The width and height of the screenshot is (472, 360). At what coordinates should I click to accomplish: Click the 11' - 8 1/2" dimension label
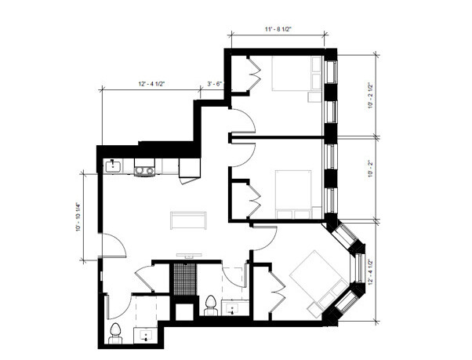click(278, 29)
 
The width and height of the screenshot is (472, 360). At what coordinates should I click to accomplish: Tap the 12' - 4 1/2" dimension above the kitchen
click(152, 84)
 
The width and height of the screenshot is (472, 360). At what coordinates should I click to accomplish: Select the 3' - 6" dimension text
click(215, 84)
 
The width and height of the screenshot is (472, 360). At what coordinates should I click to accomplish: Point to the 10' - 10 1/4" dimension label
click(78, 217)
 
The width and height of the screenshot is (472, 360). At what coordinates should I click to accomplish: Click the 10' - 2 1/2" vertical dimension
click(371, 96)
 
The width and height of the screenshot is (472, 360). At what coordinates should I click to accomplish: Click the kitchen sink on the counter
click(112, 166)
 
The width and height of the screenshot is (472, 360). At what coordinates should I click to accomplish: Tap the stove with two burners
click(144, 168)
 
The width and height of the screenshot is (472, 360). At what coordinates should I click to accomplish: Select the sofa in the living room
click(188, 220)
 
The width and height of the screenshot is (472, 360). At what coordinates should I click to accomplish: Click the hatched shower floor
click(185, 279)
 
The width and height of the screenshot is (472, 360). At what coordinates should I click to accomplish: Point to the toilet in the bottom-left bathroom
click(115, 333)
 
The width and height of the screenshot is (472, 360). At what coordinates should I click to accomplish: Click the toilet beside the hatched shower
click(210, 305)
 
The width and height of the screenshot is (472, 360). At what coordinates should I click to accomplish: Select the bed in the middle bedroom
click(293, 195)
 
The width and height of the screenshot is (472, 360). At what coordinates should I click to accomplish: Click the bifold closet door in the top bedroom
click(254, 73)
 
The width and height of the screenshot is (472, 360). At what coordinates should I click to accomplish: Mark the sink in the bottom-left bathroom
click(146, 335)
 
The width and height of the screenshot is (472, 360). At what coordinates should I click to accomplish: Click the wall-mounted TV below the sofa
click(189, 256)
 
